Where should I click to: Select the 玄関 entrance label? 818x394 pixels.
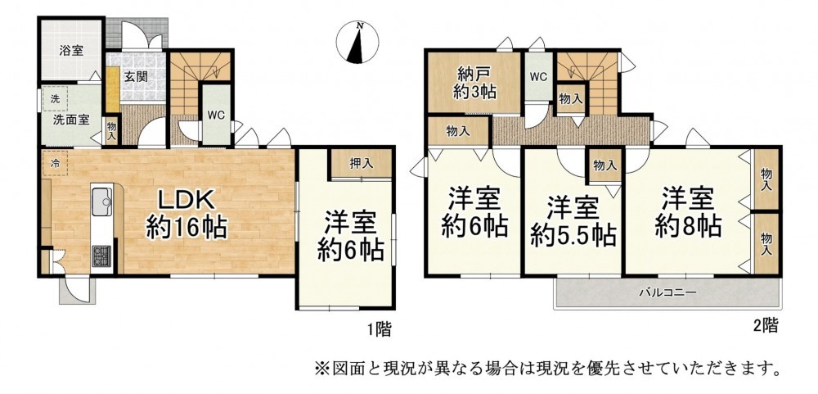pos(136,76)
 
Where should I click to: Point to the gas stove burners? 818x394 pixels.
pos(102,256)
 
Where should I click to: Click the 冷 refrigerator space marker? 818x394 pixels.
pos(55,163)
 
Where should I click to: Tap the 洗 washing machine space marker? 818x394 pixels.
pos(55,98)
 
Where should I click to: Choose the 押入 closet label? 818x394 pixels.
pos(361,163)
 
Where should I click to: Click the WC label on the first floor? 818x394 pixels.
pos(216,115)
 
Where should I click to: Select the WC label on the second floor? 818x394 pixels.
pos(538,77)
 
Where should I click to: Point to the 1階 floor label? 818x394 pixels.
pos(378,330)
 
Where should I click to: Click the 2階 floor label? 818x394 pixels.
pos(765,325)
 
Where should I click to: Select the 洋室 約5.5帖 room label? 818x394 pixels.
pos(573,222)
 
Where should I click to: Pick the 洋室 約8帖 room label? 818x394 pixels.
pos(688,214)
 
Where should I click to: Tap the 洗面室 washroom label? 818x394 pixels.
pos(70,119)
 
